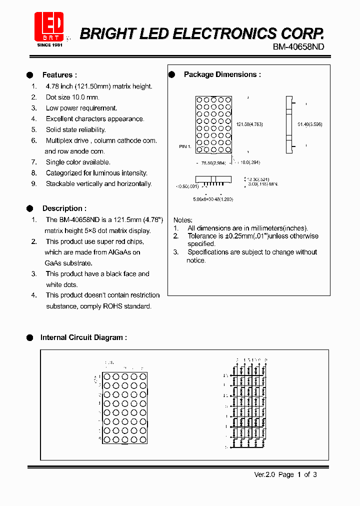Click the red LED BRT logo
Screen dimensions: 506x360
click(49, 26)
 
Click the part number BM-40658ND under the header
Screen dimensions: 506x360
click(298, 46)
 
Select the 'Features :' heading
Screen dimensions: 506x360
click(59, 75)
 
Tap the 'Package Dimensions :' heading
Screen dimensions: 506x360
click(222, 74)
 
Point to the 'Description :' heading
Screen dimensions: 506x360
click(64, 208)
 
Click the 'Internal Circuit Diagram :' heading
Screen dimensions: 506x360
click(83, 337)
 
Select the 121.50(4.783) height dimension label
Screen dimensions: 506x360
click(249, 124)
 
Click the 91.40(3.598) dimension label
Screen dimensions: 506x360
click(310, 124)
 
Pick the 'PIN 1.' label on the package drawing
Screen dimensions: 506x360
click(185, 146)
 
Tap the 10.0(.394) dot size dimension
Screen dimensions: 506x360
click(250, 162)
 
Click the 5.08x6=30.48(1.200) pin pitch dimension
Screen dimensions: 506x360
click(213, 199)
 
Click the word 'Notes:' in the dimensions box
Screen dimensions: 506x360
click(182, 220)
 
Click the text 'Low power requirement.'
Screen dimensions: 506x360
click(81, 108)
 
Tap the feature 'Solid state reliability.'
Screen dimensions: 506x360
click(75, 129)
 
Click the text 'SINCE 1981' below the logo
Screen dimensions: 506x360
click(50, 45)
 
